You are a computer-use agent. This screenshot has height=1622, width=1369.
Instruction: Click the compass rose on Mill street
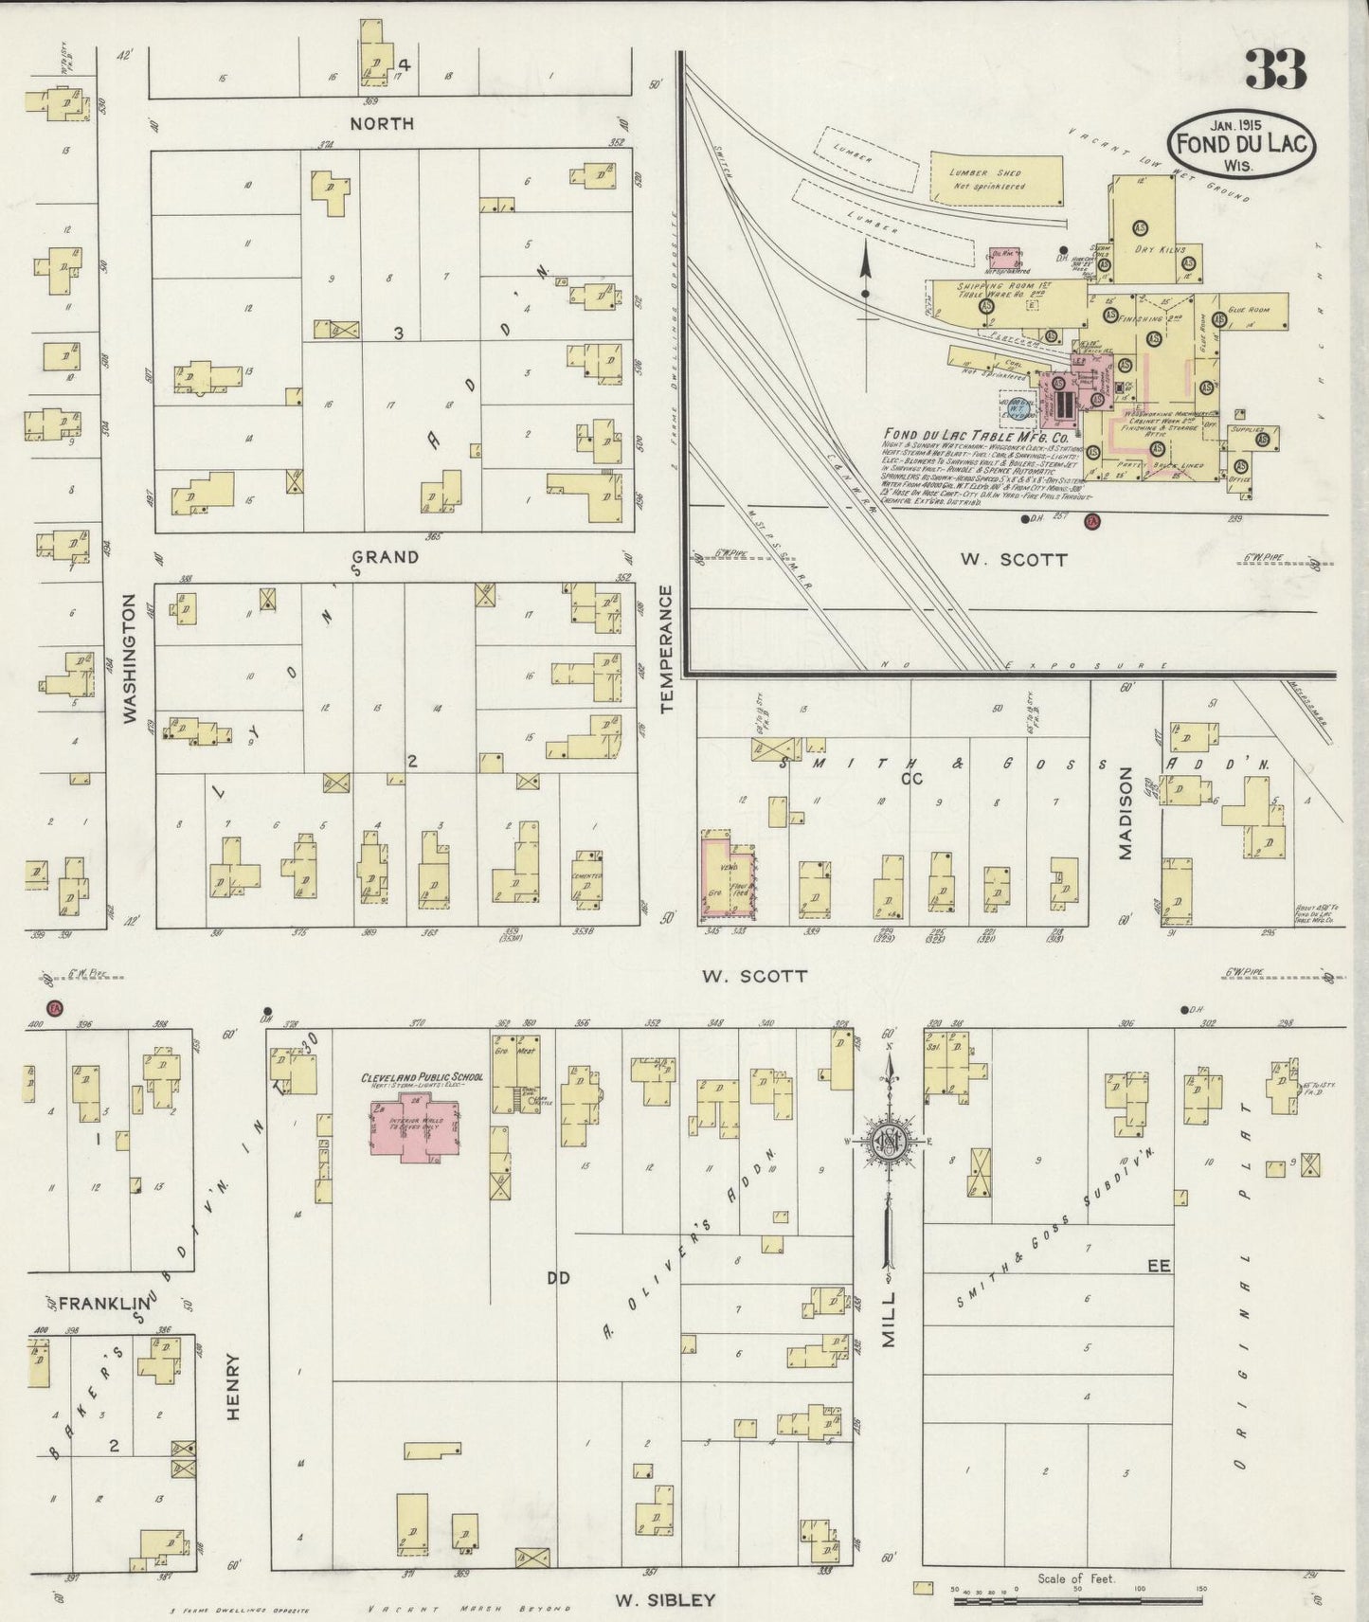click(x=889, y=1142)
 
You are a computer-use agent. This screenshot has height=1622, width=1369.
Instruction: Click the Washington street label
click(x=130, y=658)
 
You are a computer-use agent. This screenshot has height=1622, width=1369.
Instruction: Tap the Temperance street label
click(x=666, y=649)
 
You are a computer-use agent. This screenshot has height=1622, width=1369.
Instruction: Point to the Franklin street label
click(x=99, y=1303)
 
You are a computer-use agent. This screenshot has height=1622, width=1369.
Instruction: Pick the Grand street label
click(x=385, y=556)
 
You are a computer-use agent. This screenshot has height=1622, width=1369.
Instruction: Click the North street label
click(x=382, y=123)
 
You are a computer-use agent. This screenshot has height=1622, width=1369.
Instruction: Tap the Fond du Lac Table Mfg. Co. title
click(x=988, y=438)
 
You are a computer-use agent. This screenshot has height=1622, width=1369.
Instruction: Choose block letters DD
click(x=558, y=1278)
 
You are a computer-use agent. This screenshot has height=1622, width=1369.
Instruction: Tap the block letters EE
click(x=1159, y=1265)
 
